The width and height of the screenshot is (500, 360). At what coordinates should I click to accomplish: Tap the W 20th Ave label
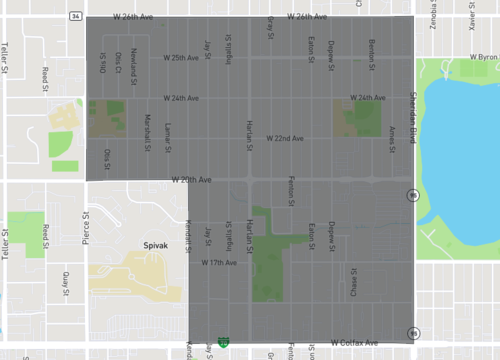tap(190, 180)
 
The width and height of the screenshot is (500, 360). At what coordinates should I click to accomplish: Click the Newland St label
tap(134, 67)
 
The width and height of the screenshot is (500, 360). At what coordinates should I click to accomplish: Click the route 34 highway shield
tap(76, 17)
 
